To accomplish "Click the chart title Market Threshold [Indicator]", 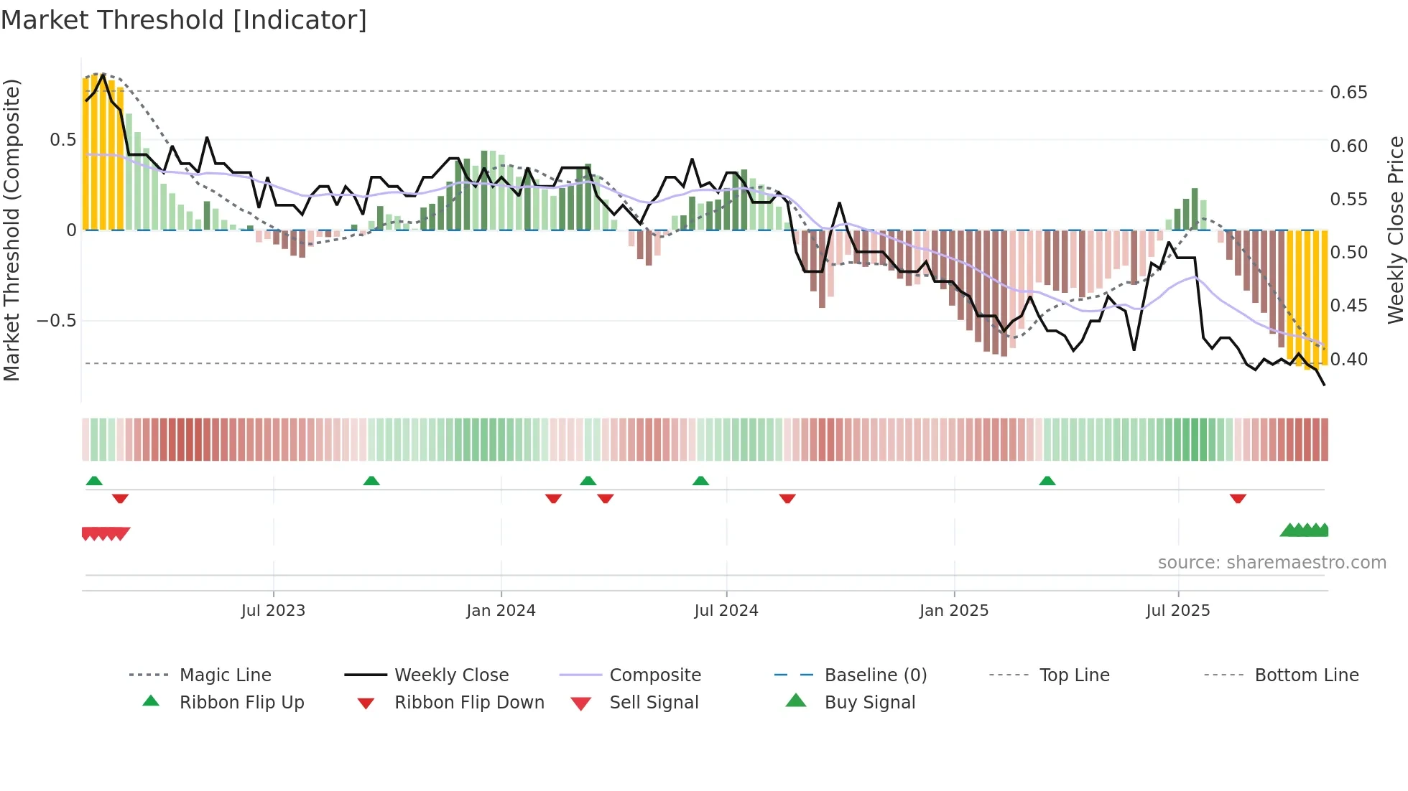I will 184,20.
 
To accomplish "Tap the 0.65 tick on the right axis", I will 1348,93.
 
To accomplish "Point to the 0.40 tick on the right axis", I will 1348,359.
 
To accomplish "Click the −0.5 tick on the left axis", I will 57,320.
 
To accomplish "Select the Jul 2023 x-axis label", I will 273,611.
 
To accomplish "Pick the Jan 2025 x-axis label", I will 953,611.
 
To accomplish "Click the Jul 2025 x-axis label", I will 1177,611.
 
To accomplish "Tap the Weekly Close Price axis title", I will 1395,230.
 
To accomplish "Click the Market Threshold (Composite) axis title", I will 11,230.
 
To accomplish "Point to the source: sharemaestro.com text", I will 1272,563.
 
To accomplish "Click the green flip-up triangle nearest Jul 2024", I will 700,481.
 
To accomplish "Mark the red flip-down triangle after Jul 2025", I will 1237,498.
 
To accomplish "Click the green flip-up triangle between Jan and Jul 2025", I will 1047,481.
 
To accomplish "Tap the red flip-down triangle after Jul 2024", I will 787,498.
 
